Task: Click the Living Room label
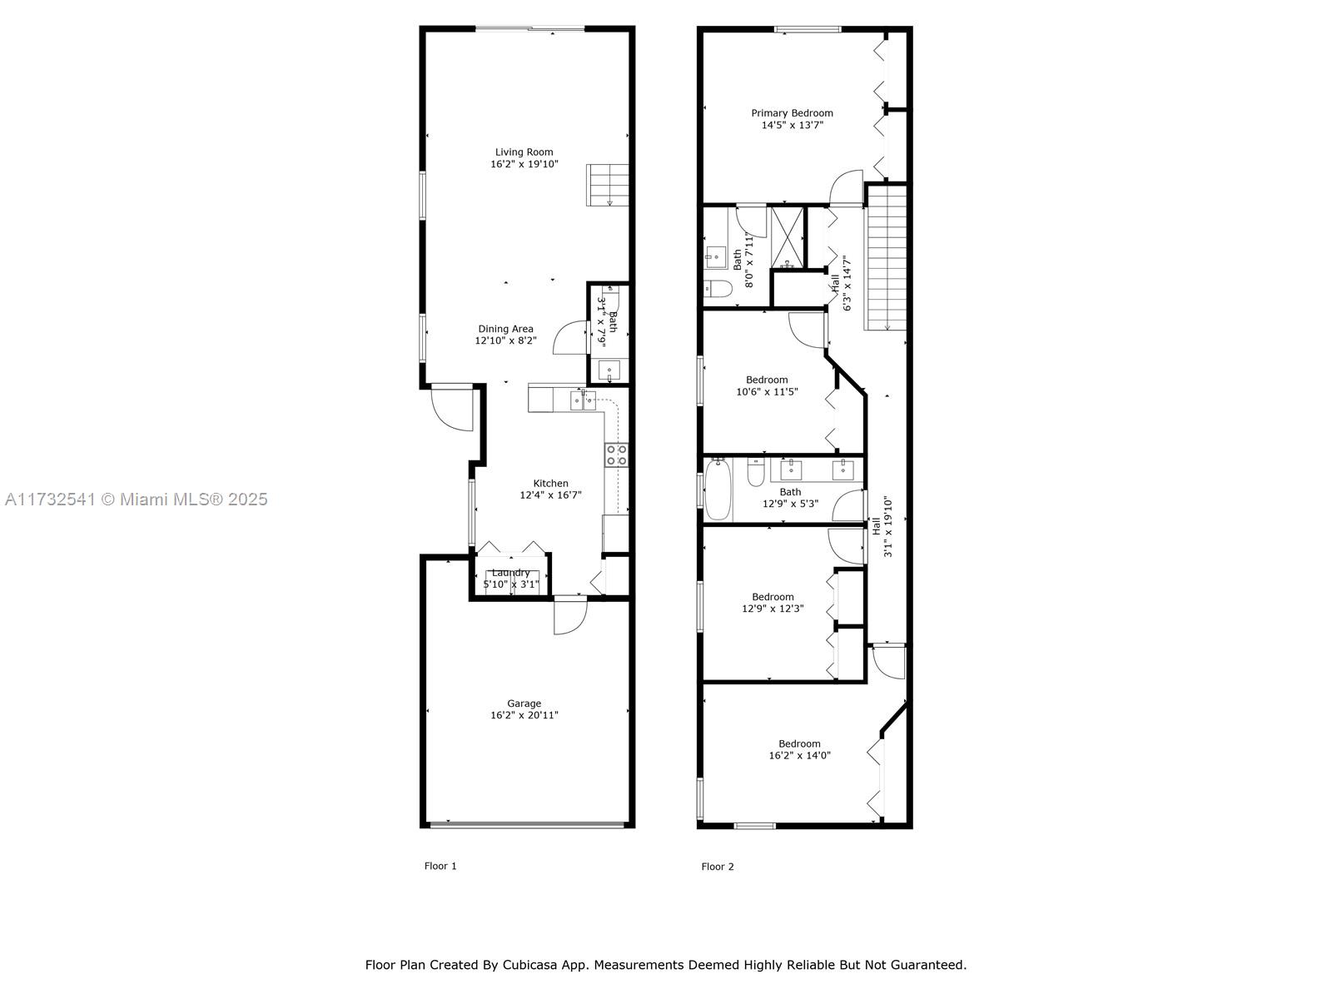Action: [x=524, y=152]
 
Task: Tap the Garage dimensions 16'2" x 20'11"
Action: [x=524, y=715]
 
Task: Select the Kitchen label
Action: [x=550, y=484]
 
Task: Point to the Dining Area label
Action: [x=505, y=329]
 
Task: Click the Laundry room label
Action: [x=510, y=573]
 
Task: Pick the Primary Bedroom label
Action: [x=792, y=113]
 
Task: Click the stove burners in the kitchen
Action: [x=616, y=455]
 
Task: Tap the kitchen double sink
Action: [x=583, y=400]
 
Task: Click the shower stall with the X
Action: [x=787, y=238]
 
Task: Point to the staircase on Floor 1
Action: [x=608, y=185]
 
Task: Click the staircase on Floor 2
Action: [x=886, y=258]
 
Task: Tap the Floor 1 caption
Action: [x=440, y=866]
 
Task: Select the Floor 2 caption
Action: [x=718, y=867]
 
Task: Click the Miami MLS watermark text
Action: [x=136, y=499]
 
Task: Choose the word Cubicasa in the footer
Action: [x=529, y=965]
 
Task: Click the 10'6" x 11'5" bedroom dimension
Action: [x=767, y=392]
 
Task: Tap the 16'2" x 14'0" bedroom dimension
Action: [x=799, y=755]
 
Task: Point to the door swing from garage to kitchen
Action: [x=570, y=616]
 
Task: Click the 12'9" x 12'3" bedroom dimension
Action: [x=773, y=609]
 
